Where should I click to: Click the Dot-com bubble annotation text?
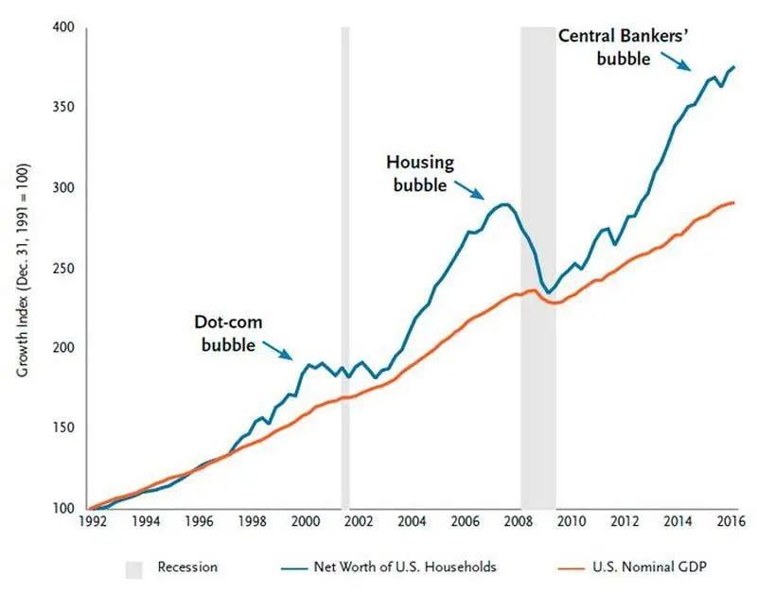[x=228, y=333]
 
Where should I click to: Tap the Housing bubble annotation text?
[x=418, y=174]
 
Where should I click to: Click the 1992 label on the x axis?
[x=92, y=520]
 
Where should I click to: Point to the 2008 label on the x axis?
[x=518, y=520]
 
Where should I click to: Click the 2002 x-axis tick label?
[x=358, y=520]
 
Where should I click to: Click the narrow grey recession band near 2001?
[x=345, y=265]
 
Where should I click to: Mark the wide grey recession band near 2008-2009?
[x=537, y=265]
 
